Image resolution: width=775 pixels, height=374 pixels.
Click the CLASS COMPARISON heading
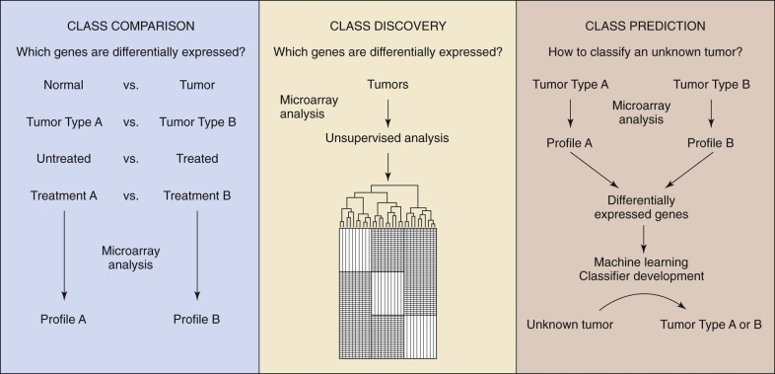point(130,27)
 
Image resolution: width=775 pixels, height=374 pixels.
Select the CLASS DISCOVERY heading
point(388,27)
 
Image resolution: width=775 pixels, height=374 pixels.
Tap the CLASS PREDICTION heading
point(645,27)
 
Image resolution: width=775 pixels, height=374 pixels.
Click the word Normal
point(63,85)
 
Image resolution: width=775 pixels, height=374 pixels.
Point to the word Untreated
point(63,159)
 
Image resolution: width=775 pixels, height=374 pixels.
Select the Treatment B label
point(197,196)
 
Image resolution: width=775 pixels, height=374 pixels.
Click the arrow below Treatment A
point(64,256)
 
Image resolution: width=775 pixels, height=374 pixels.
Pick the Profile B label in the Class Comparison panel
point(197,320)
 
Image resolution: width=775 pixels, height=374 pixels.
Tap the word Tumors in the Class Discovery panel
point(387,85)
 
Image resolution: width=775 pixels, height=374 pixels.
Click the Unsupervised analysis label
point(387,138)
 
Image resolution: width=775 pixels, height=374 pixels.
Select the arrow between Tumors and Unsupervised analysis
point(387,112)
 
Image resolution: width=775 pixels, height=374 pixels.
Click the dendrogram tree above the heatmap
point(387,206)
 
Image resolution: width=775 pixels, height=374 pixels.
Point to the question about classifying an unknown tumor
point(645,52)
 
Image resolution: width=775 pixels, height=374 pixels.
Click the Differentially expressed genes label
point(642,208)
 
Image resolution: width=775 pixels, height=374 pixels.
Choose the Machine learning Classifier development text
point(642,269)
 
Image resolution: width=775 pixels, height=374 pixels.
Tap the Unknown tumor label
point(570,325)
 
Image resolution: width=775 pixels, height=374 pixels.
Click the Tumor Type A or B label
point(711,325)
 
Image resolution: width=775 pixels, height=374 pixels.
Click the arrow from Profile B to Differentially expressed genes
point(689,170)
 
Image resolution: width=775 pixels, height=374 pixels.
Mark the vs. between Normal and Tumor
point(131,86)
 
